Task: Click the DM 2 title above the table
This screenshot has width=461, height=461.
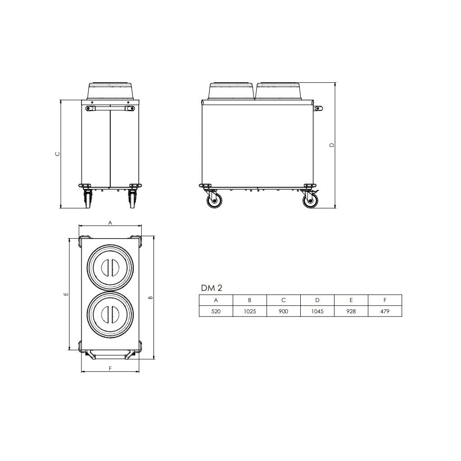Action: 212,288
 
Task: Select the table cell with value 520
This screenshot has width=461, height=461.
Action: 216,311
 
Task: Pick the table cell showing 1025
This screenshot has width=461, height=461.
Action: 250,311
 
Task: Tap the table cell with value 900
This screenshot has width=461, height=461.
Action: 284,311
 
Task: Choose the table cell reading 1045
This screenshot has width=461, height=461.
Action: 317,311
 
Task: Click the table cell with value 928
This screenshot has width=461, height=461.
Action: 351,311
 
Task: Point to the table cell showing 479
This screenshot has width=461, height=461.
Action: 385,311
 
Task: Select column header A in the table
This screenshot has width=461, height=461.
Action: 216,300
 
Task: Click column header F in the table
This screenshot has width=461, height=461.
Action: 385,300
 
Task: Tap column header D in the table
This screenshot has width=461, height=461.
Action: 317,300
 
